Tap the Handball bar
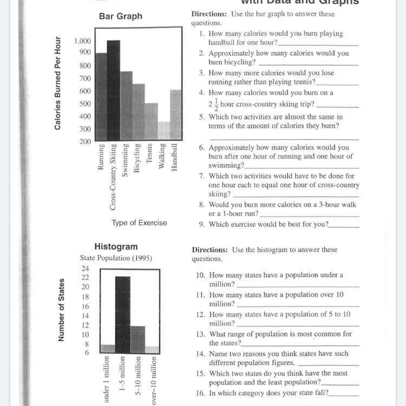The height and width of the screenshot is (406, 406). [175, 115]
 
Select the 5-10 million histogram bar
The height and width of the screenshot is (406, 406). [137, 339]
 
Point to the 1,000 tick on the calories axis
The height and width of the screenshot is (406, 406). [83, 41]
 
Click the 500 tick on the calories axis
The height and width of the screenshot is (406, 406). [86, 104]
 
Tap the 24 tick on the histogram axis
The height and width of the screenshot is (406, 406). [85, 268]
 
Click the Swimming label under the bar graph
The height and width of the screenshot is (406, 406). [126, 159]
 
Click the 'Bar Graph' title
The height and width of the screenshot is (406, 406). [121, 16]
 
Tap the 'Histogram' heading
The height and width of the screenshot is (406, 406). [116, 247]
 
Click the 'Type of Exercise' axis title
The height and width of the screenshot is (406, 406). [139, 222]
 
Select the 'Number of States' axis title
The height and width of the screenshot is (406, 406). [61, 310]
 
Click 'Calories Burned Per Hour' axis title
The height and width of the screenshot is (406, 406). [57, 83]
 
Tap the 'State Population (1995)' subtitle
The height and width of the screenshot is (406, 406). [116, 258]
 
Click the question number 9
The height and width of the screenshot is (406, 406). [201, 224]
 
